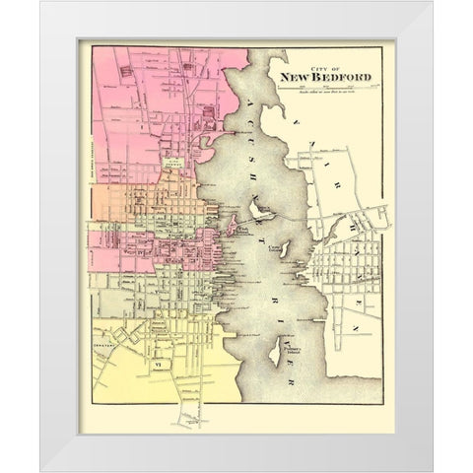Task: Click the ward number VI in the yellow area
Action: tap(142, 337)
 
